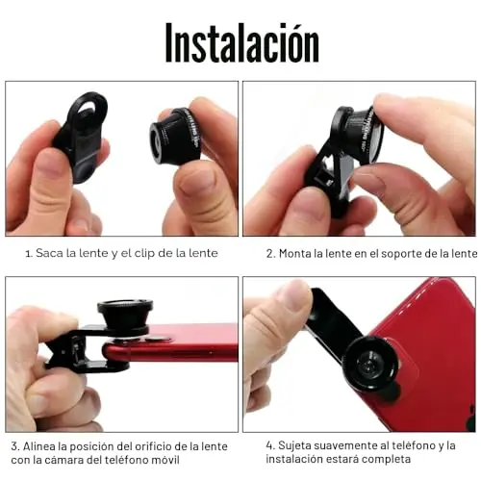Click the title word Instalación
pyautogui.click(x=242, y=42)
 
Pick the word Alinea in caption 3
pyautogui.click(x=38, y=446)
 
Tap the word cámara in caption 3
pyautogui.click(x=62, y=460)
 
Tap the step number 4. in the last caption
pyautogui.click(x=270, y=445)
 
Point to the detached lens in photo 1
pyautogui.click(x=175, y=135)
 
